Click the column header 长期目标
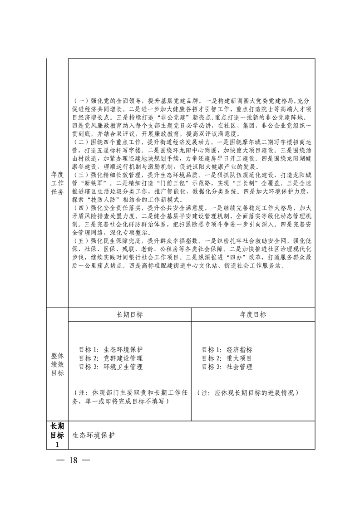pos(129,314)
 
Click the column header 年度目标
pos(253,314)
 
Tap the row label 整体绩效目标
pos(57,364)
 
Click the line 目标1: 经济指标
pos(227,350)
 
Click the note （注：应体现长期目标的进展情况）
pos(251,393)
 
